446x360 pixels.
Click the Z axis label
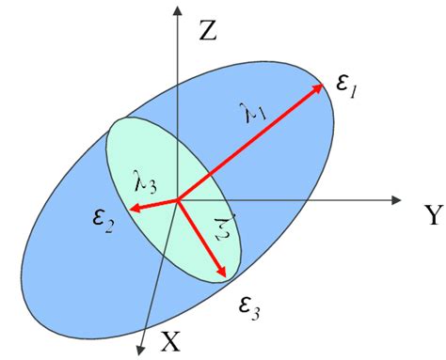[x=209, y=33]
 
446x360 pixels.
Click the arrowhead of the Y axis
[x=398, y=199]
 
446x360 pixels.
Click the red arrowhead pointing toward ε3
[x=224, y=273]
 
